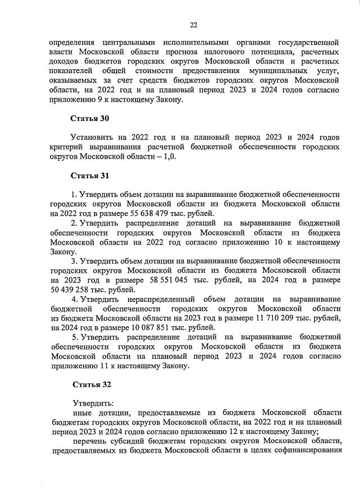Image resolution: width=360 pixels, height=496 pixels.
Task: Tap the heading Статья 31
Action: (x=89, y=175)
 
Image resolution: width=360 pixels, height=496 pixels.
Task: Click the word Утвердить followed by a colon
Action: (x=93, y=403)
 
